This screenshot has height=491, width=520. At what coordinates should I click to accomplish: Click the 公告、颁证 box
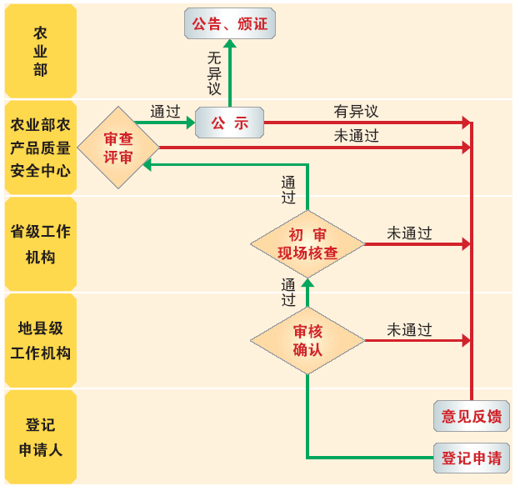coord(229,23)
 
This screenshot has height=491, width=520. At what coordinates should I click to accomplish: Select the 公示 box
coord(229,123)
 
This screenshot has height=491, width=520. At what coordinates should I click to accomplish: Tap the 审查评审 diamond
coord(118,147)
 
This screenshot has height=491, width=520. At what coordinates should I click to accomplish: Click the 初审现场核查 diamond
coord(307,243)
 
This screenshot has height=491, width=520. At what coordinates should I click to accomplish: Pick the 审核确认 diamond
coord(307,340)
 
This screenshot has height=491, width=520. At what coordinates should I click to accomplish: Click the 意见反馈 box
coord(472,416)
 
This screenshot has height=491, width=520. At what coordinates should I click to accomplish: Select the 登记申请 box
coord(472,458)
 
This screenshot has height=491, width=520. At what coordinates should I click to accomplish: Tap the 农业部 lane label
coord(41,51)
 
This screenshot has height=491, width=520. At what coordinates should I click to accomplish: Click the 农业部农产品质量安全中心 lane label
coord(41,148)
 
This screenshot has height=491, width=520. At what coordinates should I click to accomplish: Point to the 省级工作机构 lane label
coord(41,243)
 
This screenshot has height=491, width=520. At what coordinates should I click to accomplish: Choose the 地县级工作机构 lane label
coord(41,340)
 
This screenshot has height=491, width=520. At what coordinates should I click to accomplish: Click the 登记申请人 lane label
coord(41,437)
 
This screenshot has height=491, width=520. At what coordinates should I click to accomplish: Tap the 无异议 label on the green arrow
coord(215,73)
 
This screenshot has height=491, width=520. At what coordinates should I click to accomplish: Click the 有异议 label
coord(356,111)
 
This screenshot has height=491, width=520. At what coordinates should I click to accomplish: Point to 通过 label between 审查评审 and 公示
coord(165,111)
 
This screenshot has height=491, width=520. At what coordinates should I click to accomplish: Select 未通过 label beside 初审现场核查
coord(409,233)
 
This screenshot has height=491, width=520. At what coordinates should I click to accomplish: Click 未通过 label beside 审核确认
coord(409,330)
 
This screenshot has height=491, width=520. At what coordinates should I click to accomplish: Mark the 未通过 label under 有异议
coord(356,136)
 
